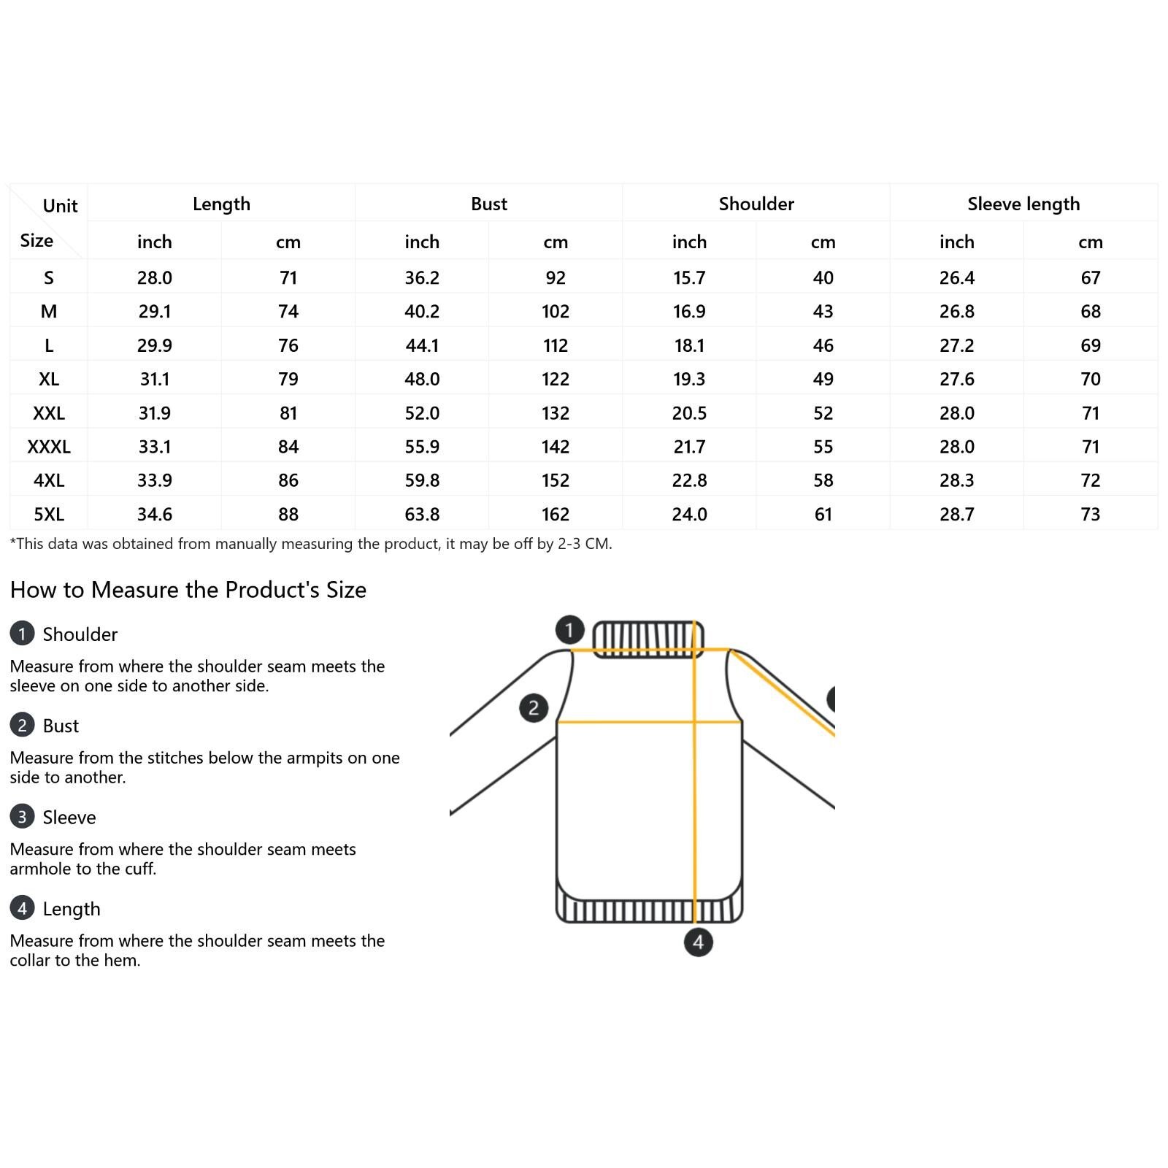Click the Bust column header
(x=488, y=204)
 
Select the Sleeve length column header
(x=1023, y=204)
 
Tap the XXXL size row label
(x=49, y=447)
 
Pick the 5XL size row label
(x=49, y=515)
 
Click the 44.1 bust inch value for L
(x=422, y=345)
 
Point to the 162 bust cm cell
(x=556, y=515)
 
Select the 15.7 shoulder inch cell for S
(x=689, y=278)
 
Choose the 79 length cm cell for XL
(x=288, y=380)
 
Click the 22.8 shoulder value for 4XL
(x=689, y=480)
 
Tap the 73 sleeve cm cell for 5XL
(x=1091, y=515)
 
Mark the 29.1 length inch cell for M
(x=155, y=312)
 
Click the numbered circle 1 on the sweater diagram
(x=569, y=629)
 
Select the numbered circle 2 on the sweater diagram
(x=534, y=707)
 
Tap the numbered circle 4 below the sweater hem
(x=698, y=942)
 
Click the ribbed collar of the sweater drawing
(x=648, y=639)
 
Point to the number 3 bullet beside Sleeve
(x=22, y=816)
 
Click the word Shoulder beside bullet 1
(x=80, y=634)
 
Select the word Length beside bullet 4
(x=72, y=909)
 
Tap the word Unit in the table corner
(x=60, y=206)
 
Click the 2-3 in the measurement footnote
(x=570, y=544)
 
